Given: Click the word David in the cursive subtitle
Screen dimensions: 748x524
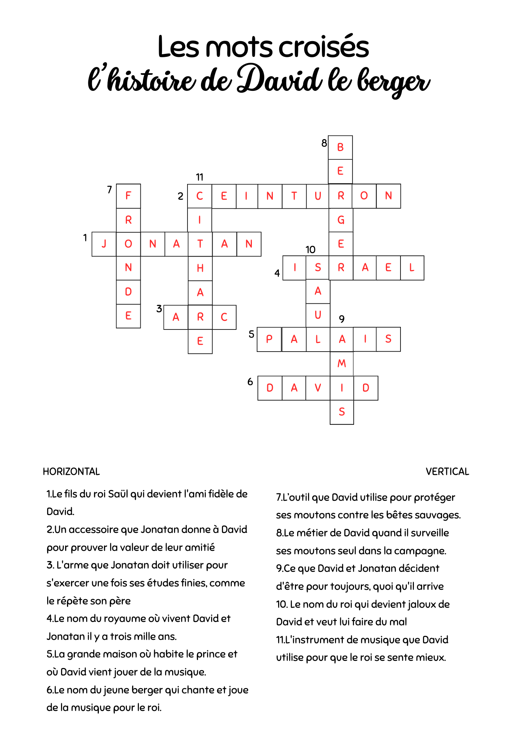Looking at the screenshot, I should point(279,80).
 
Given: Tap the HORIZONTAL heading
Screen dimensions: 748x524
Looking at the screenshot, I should point(71,472).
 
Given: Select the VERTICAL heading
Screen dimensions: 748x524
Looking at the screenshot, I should point(447,472).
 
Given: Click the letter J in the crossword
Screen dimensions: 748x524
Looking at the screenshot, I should point(104,244).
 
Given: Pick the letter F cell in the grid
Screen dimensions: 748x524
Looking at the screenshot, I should point(128,196).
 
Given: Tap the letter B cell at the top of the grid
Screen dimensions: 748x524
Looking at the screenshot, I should point(340,148).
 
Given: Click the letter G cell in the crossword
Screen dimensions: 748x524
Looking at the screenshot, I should point(341,220).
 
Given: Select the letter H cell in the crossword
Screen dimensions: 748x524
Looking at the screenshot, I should point(200,268).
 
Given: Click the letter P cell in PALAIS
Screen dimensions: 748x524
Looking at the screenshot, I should point(269,339).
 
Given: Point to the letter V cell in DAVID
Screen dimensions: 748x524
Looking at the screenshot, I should point(318,388).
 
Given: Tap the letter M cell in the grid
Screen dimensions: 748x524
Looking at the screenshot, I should point(342,364).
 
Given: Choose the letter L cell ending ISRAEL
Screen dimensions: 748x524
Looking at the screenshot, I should point(412,268).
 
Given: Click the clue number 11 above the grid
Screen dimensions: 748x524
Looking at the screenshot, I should point(199,177).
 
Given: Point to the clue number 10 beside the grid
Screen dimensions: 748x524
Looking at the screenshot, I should point(310,249).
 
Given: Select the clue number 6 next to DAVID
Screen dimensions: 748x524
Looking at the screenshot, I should point(250,382).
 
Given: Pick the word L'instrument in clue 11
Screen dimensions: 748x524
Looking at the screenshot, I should point(314,640).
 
